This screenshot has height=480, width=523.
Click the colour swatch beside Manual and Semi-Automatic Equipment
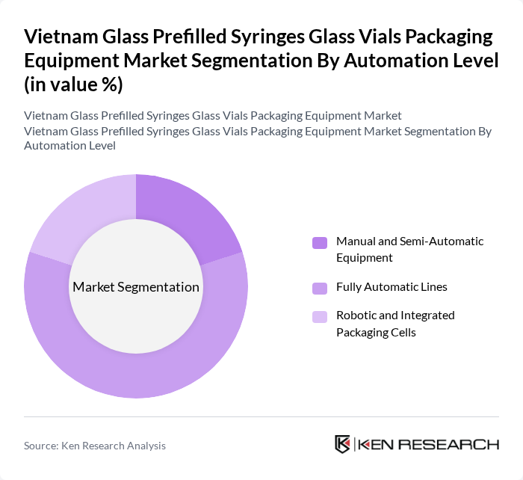point(320,243)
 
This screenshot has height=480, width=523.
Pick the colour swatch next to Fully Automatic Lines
point(320,287)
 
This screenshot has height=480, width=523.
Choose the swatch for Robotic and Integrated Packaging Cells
point(320,316)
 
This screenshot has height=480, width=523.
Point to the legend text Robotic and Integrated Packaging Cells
point(395,324)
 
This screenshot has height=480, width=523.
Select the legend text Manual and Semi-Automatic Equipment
point(409,250)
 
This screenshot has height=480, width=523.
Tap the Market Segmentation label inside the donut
point(136,287)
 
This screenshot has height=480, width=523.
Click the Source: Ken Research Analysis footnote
point(95,446)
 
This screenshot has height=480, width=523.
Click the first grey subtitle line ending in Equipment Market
point(213,116)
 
